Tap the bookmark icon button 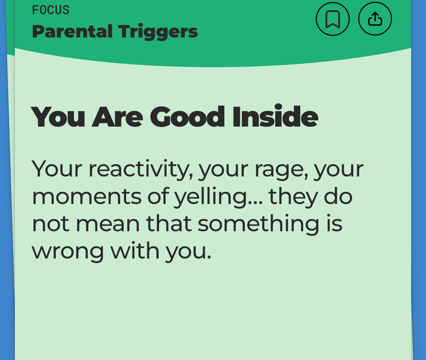(332, 19)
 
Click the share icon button (375, 19)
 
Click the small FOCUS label (51, 10)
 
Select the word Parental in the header (72, 31)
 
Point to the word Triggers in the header (158, 32)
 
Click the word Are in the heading (117, 117)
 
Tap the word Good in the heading (187, 117)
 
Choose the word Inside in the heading (275, 117)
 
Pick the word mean (108, 224)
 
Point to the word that (169, 223)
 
